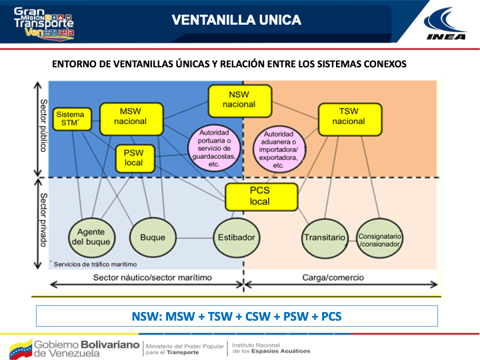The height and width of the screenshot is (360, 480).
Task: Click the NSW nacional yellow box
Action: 239,100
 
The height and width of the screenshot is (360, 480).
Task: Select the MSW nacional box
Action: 131,117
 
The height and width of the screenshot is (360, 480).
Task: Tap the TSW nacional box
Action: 348,117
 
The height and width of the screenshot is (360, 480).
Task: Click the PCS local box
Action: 260,197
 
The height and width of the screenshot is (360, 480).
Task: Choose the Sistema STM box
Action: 69,119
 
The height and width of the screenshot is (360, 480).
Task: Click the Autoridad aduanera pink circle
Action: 279,149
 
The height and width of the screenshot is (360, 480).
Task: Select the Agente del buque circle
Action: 92,237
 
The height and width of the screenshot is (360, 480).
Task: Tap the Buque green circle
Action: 153,237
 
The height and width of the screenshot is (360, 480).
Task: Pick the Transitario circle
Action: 325,237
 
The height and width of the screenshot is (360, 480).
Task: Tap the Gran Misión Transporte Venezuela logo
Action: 44,23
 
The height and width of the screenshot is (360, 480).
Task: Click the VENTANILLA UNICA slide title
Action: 236,21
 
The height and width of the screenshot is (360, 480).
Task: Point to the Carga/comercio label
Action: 331,277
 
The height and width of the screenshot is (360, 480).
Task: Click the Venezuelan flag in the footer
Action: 20,347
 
